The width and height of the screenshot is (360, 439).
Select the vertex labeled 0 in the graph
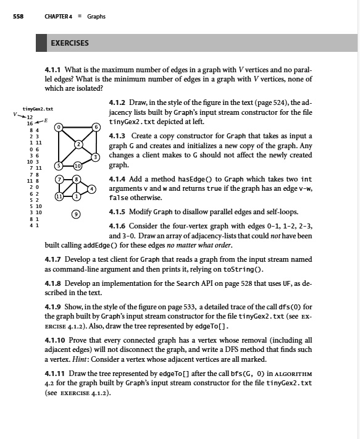(x=58, y=127)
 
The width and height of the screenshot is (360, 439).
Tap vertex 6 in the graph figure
(x=96, y=127)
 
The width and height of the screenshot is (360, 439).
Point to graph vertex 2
(x=79, y=144)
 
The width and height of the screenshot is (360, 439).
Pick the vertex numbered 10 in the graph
(x=77, y=166)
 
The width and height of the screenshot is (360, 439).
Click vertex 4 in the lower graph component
(x=91, y=188)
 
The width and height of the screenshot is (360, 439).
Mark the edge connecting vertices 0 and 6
(x=77, y=127)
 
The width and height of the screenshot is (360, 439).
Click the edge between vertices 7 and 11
(x=59, y=188)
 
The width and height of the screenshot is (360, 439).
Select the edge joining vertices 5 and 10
(x=67, y=166)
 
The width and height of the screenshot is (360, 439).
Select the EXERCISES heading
(x=69, y=43)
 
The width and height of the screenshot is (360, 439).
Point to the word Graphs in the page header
(x=96, y=16)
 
